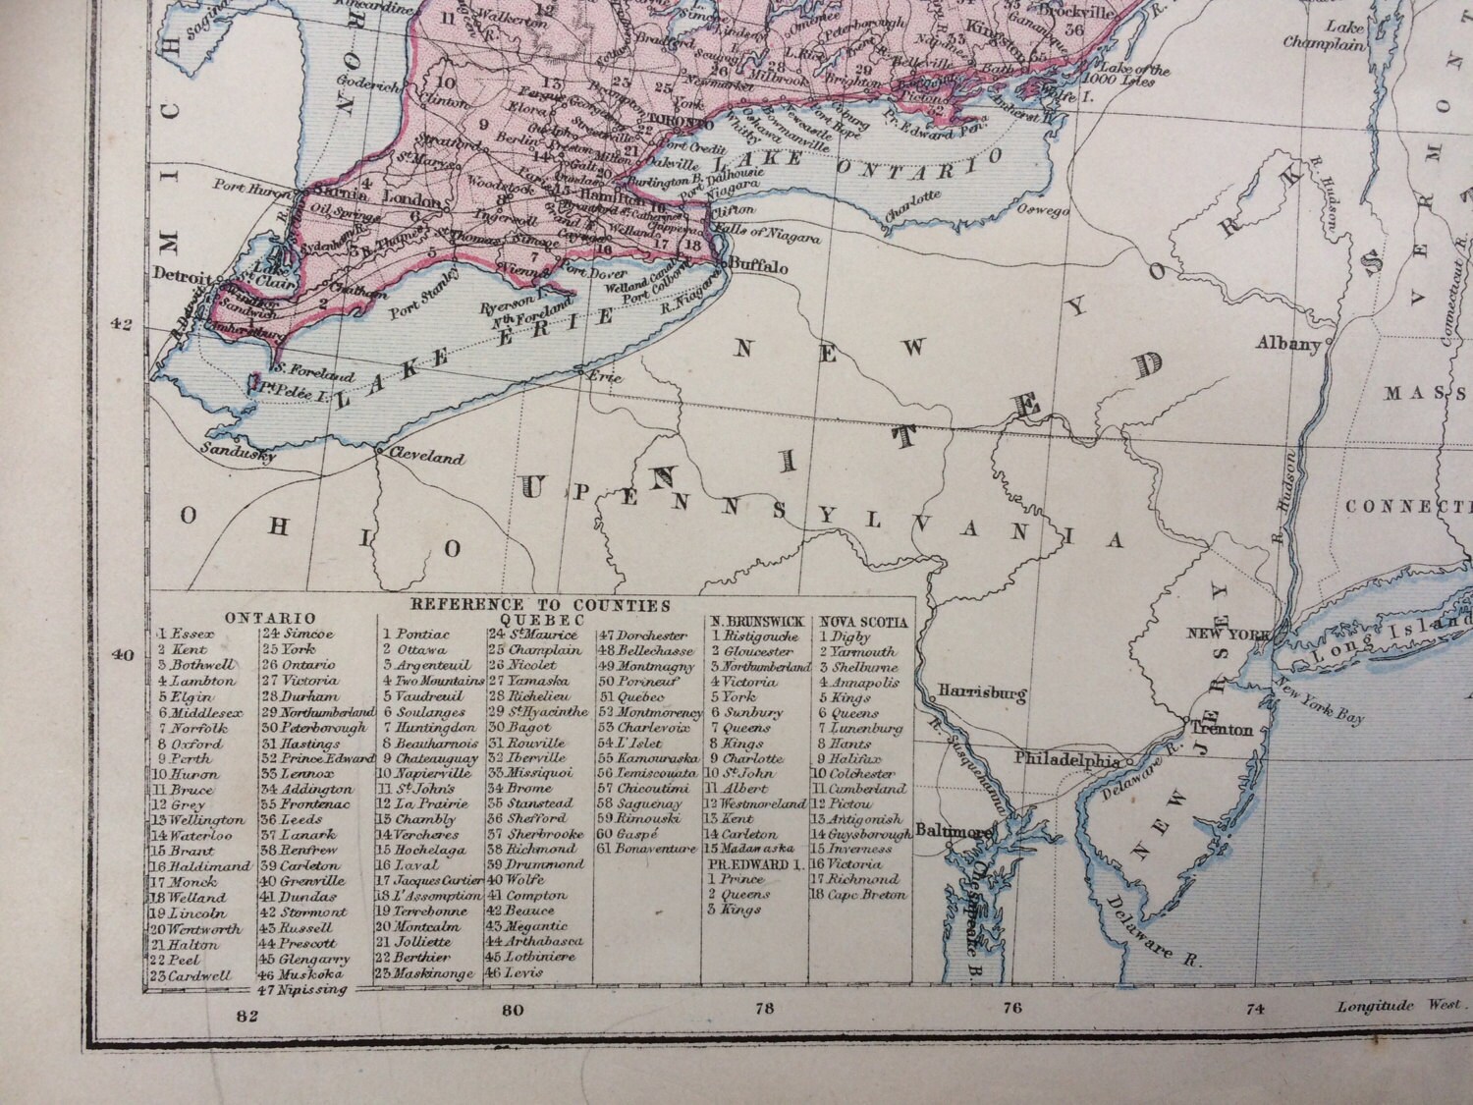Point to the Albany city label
click(1288, 344)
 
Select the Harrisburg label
click(982, 694)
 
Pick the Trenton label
click(1222, 730)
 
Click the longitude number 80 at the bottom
click(512, 1010)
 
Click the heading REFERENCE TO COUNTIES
click(540, 605)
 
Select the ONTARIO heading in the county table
click(270, 619)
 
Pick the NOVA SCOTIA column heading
click(862, 622)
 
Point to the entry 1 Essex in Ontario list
click(185, 635)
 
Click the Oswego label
click(1045, 208)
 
